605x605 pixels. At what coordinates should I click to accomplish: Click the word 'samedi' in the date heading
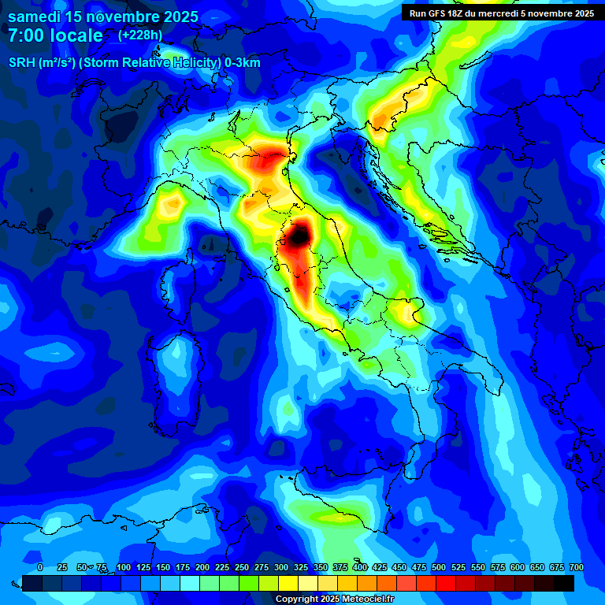pos(34,17)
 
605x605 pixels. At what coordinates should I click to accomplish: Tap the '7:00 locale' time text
pos(55,35)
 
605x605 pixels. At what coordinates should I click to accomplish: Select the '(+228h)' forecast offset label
pos(140,35)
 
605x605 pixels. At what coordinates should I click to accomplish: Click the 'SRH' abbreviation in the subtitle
pos(21,63)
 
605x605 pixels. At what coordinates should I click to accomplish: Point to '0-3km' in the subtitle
pos(243,63)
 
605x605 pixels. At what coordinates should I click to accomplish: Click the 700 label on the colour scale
pos(576,567)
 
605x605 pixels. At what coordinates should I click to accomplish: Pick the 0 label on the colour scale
pos(40,567)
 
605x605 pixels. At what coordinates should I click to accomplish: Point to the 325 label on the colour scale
pos(300,567)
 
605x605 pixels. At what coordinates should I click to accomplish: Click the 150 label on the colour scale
pos(163,567)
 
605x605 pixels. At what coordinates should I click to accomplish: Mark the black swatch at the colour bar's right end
pos(564,583)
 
